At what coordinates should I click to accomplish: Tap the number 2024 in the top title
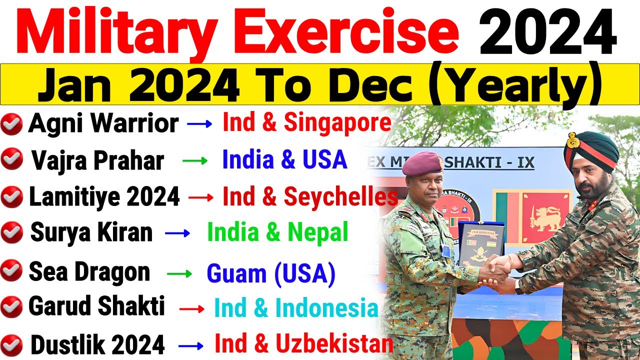[x=547, y=31]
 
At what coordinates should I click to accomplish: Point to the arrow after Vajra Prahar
[x=194, y=160]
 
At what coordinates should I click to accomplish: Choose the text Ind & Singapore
[x=306, y=123]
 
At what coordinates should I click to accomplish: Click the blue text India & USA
[x=284, y=159]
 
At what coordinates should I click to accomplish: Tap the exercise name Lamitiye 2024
[x=104, y=197]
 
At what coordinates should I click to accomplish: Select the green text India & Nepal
[x=277, y=232]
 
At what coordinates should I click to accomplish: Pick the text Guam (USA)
[x=270, y=273]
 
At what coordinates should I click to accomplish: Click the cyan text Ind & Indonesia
[x=295, y=308]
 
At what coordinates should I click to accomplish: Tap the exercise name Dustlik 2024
[x=97, y=344]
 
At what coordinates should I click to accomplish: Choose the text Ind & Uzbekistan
[x=303, y=344]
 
